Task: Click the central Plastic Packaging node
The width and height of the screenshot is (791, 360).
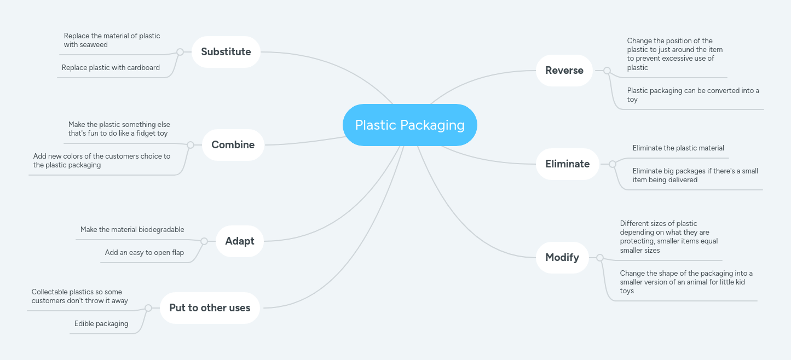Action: point(409,125)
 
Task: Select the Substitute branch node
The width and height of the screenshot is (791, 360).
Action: point(226,52)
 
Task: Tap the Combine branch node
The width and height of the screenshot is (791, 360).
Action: point(233,145)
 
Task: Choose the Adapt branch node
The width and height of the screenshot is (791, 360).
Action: point(239,241)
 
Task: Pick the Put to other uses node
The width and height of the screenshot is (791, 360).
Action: point(210,308)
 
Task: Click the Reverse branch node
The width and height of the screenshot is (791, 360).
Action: point(564,71)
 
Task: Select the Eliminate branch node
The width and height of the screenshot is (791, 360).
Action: point(567,164)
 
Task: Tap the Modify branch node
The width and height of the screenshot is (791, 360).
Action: point(562,258)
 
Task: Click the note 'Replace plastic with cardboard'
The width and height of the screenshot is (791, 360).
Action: point(111,68)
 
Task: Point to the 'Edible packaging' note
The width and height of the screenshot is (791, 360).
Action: point(101,324)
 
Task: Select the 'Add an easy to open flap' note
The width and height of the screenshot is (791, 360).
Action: point(145,253)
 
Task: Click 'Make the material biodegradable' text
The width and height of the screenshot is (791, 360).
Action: point(132,230)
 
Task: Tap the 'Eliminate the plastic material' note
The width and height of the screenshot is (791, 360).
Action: point(678,148)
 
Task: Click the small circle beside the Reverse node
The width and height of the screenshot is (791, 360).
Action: point(607,71)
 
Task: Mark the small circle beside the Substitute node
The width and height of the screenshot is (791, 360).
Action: point(180,52)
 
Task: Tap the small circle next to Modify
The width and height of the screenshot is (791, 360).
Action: point(600,258)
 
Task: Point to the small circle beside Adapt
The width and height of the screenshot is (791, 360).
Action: point(204,241)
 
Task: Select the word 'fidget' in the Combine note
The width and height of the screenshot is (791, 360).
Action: point(134,133)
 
